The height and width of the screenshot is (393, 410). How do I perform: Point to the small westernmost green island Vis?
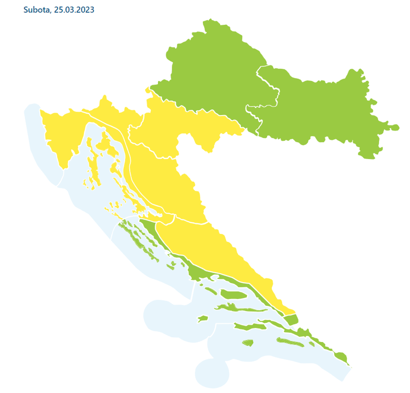pos(203,319)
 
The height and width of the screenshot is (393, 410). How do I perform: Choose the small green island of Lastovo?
pos(248,343)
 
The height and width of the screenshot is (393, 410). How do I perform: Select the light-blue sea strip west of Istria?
pos(35,131)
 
